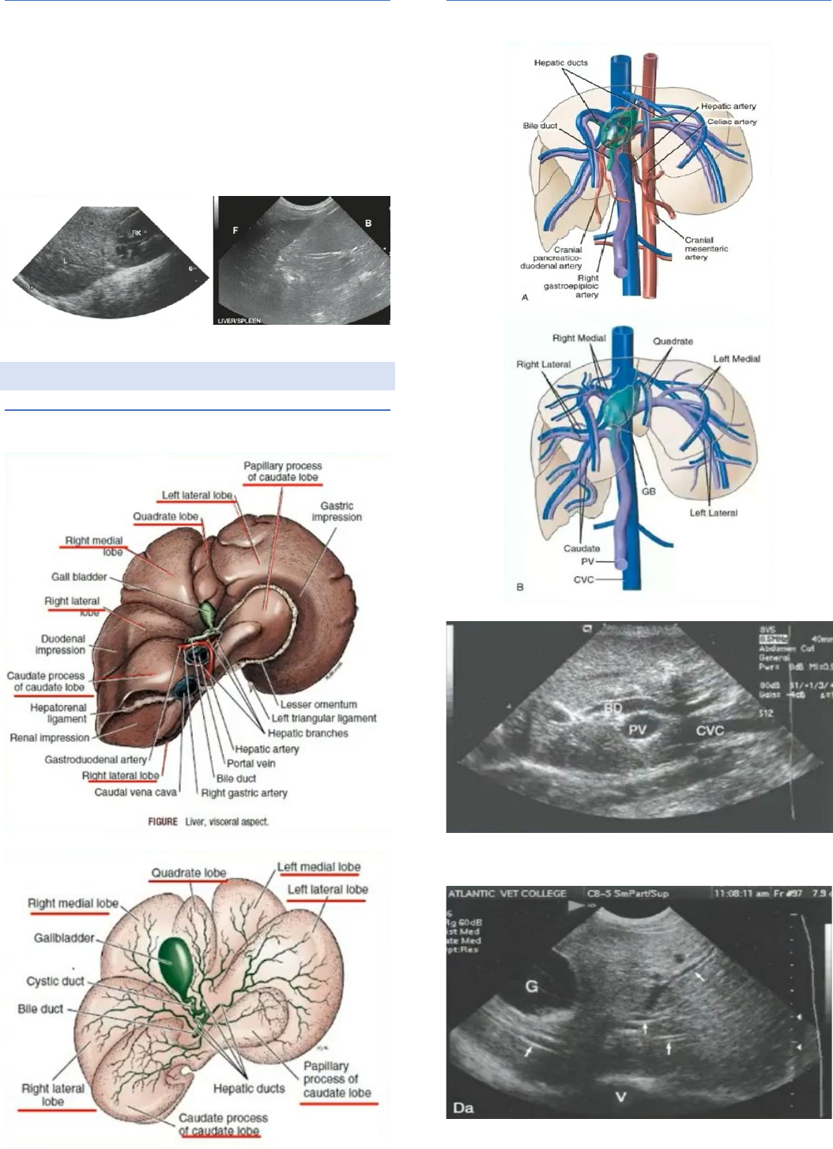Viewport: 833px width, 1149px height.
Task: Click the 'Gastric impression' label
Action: click(337, 511)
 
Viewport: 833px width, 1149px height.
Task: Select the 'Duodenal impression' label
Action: click(60, 644)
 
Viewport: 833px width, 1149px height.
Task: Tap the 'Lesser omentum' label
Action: click(318, 704)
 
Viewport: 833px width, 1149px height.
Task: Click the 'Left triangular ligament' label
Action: click(324, 718)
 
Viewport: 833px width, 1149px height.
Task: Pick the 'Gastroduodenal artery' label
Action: click(96, 759)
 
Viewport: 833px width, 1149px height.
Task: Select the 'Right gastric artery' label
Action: click(244, 793)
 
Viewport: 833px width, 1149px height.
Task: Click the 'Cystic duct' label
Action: click(55, 981)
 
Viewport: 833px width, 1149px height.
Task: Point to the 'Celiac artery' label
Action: click(732, 122)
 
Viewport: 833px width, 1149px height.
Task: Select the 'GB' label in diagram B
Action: click(649, 491)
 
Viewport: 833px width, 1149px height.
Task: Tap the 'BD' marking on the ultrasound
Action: click(613, 708)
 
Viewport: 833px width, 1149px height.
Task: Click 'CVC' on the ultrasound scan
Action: click(710, 730)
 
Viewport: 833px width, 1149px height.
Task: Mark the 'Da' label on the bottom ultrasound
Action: click(464, 1107)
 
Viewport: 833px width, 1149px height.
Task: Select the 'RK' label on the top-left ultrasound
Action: click(137, 232)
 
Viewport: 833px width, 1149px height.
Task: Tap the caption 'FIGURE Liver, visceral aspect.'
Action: click(209, 822)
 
